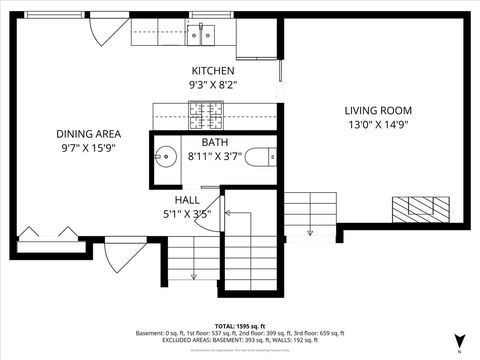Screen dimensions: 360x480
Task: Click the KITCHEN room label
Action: [x=213, y=72]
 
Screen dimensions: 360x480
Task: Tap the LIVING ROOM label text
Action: [x=378, y=111]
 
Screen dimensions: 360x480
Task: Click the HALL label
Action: [x=186, y=200]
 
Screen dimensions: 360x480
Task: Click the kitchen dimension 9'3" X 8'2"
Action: [x=213, y=86]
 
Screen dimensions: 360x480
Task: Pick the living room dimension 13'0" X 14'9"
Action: [x=378, y=125]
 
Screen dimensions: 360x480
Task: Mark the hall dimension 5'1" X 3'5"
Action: [x=186, y=214]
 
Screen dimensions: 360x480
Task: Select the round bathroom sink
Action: [x=165, y=157]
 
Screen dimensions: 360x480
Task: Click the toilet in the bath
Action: [x=260, y=157]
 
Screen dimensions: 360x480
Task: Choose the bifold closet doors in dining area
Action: [x=41, y=233]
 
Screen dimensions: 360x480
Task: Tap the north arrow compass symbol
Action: [x=459, y=341]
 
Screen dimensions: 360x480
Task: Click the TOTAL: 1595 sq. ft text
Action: [x=240, y=326]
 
